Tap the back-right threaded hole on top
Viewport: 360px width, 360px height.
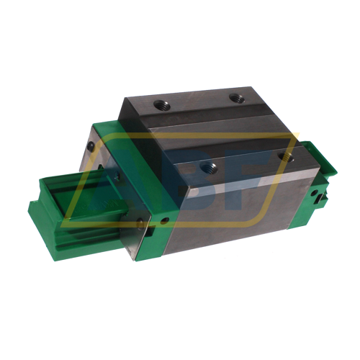pos(233,98)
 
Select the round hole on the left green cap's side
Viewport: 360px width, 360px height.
pos(165,218)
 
